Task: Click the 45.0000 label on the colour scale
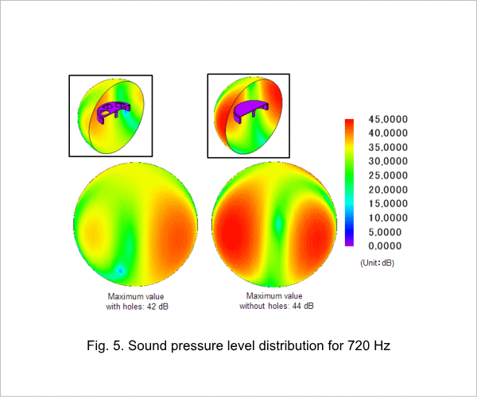pos(388,119)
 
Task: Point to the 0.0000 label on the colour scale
pos(385,245)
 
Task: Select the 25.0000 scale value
pos(388,175)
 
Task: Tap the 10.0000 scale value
pos(388,218)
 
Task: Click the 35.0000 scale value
pos(388,148)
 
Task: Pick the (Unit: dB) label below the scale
pos(377,263)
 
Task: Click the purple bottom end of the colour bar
pos(349,243)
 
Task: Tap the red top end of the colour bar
pos(349,122)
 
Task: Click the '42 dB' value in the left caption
pos(157,306)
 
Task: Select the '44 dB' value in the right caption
pos(303,306)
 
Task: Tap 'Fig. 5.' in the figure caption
pos(105,345)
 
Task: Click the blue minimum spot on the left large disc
pos(121,270)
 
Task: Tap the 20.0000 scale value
pos(388,190)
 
